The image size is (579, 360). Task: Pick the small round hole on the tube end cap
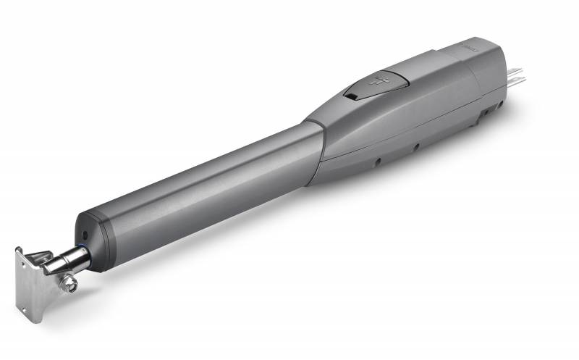[85, 235]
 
